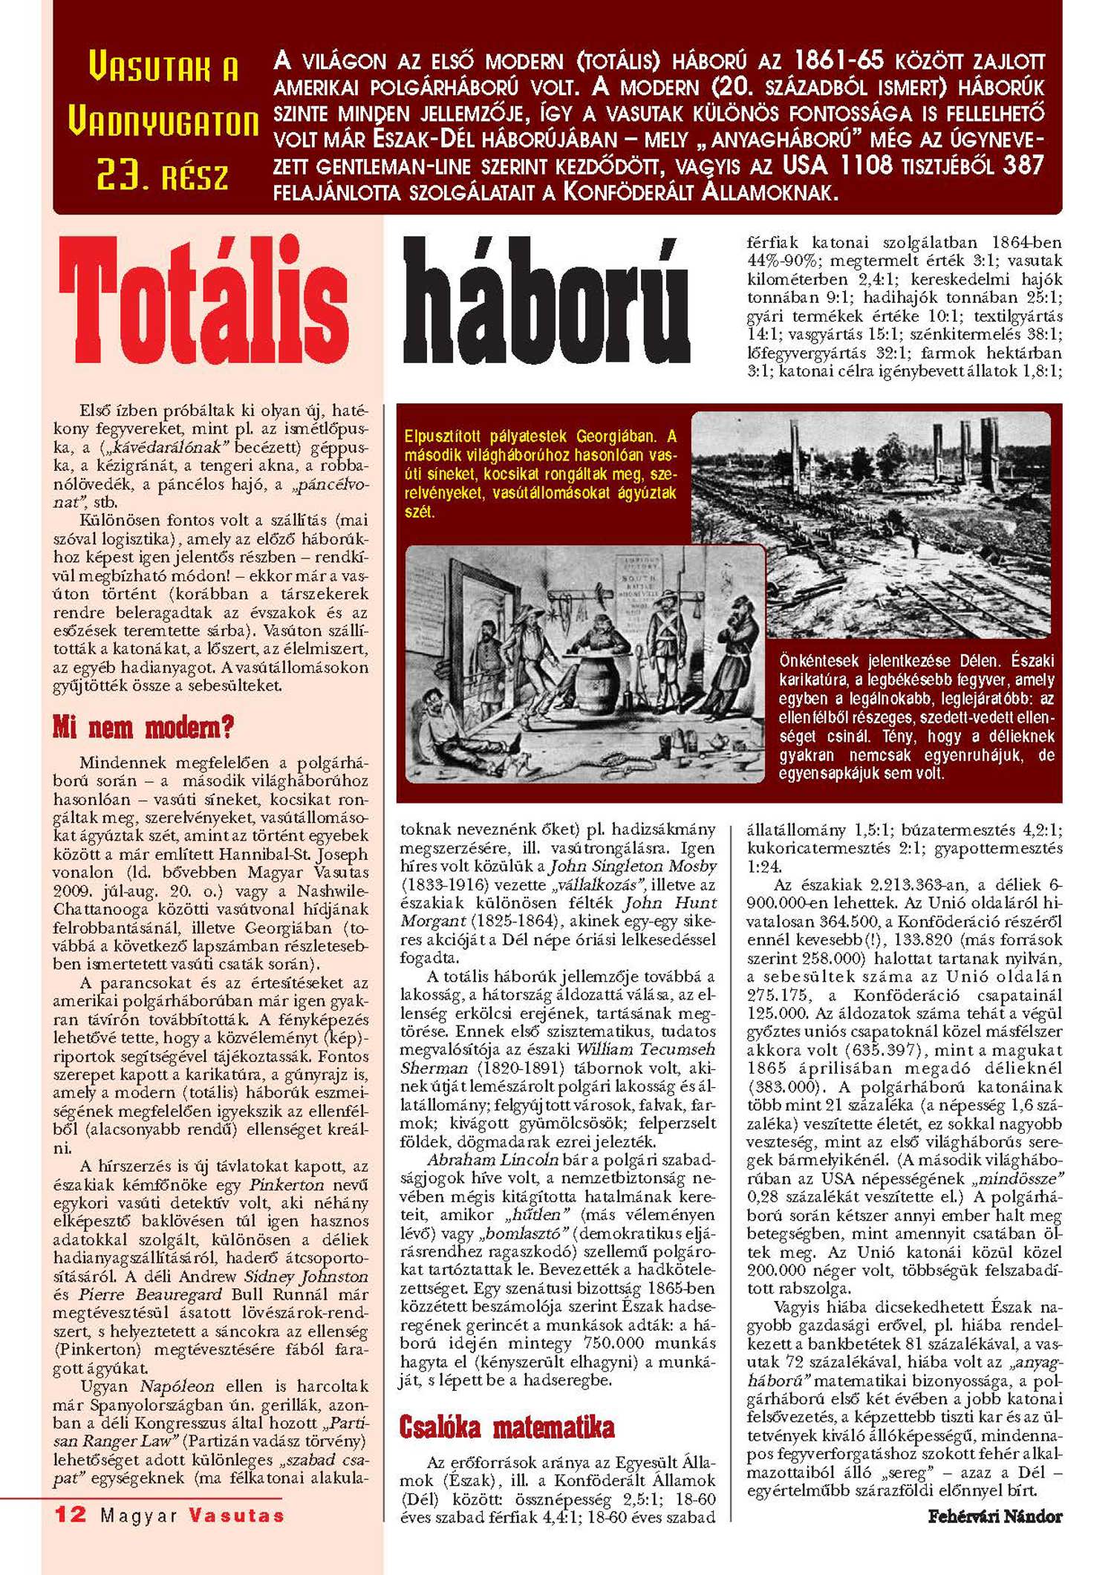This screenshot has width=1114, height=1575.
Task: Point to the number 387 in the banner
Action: coord(1023,165)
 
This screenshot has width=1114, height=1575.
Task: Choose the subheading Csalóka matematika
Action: coord(506,1426)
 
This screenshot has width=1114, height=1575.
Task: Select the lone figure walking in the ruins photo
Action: coord(914,545)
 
